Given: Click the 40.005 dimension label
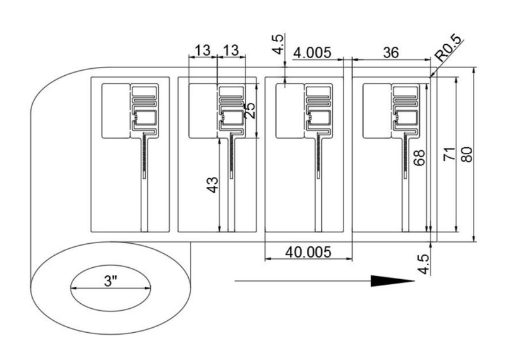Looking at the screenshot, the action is tap(308, 252).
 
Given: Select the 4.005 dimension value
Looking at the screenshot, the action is tap(312, 52).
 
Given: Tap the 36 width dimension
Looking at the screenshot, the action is tap(391, 52).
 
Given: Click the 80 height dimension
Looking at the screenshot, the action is tap(466, 155).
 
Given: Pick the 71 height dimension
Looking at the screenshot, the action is tap(449, 153).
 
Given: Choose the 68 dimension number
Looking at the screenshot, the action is tap(419, 158).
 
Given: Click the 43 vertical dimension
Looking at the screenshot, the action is tap(212, 185).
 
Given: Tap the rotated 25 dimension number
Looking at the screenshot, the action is tap(249, 111).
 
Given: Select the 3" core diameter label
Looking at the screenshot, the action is tap(110, 281).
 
